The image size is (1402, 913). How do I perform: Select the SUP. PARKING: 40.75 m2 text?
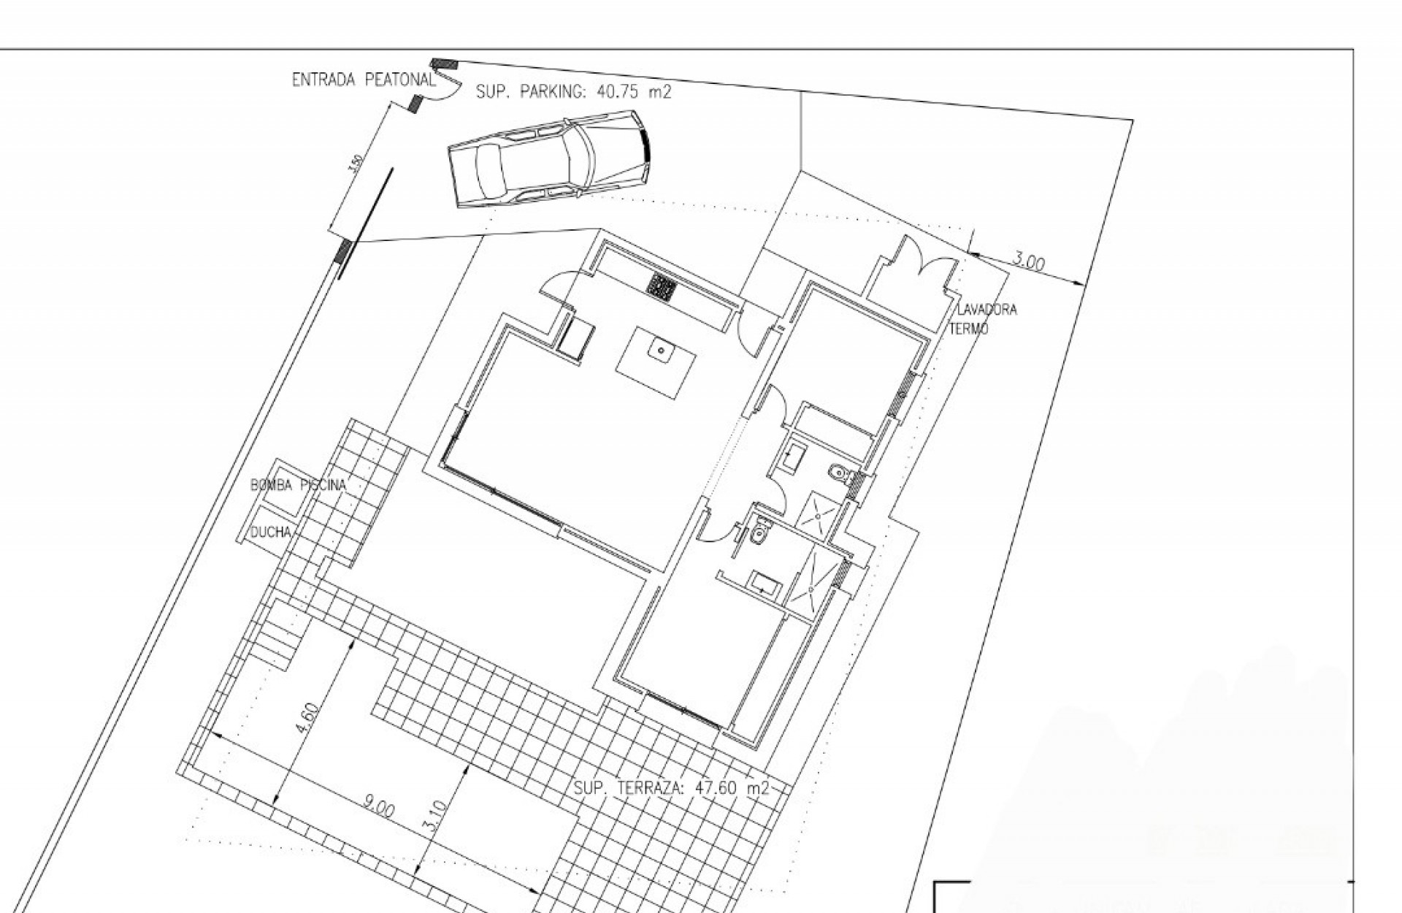[x=573, y=92]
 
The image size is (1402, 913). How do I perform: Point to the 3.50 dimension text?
[x=356, y=164]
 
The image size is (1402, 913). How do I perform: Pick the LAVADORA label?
[x=987, y=310]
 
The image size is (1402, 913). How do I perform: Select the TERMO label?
[x=968, y=329]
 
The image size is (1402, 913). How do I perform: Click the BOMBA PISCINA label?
[x=298, y=485]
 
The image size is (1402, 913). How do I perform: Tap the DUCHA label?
[x=271, y=532]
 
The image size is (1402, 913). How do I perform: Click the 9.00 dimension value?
[x=379, y=809]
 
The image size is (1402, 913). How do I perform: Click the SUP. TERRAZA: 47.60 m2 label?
[x=671, y=788]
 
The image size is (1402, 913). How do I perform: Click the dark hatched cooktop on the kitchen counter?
[x=662, y=287]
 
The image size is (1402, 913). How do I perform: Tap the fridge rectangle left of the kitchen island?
[x=576, y=340]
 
